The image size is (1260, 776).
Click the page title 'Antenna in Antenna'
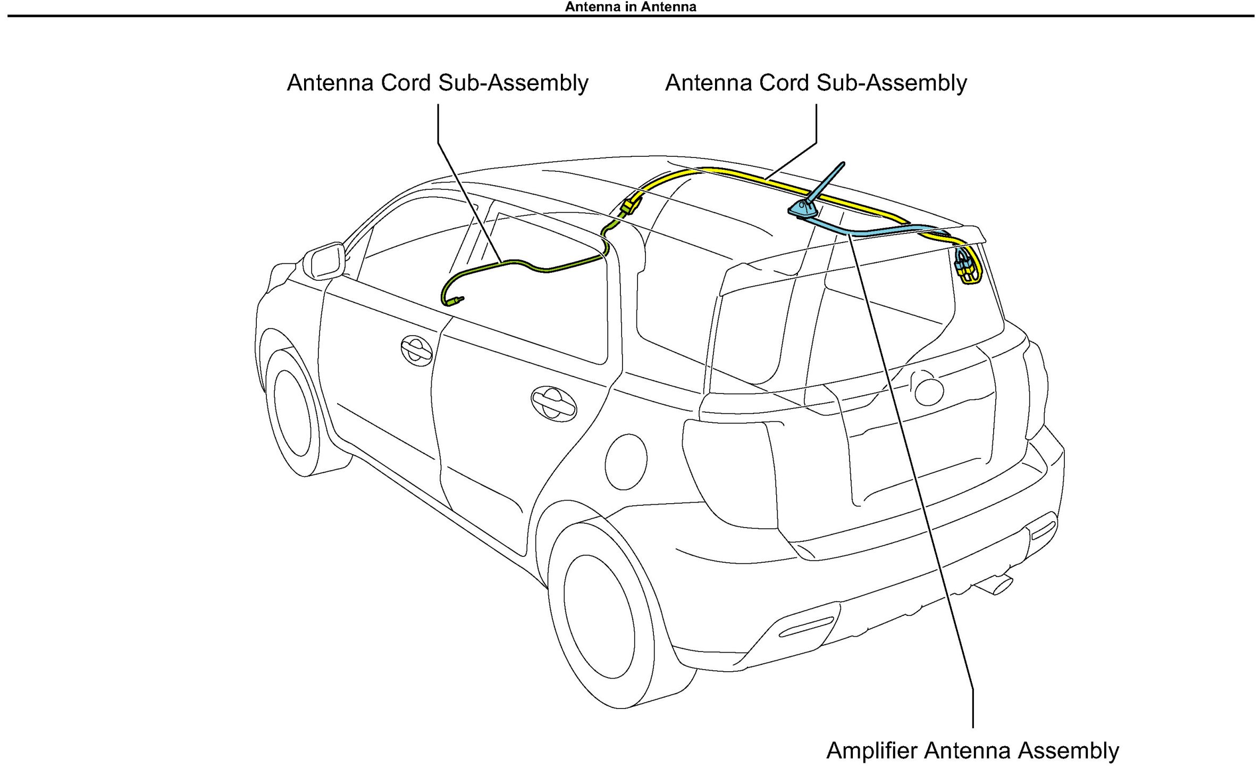click(x=630, y=7)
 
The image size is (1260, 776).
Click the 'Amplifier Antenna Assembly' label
click(x=972, y=750)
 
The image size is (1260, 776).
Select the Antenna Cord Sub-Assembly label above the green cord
click(x=438, y=83)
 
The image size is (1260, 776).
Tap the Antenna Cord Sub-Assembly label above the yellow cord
click(x=816, y=83)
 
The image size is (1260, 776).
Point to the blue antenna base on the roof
click(x=803, y=210)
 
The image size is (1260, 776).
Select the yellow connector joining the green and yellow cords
click(x=631, y=205)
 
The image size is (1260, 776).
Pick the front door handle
click(x=416, y=351)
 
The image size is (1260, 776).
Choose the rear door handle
click(x=553, y=404)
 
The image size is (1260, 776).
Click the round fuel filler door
click(x=626, y=461)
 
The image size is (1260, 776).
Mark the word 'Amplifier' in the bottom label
click(x=872, y=750)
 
